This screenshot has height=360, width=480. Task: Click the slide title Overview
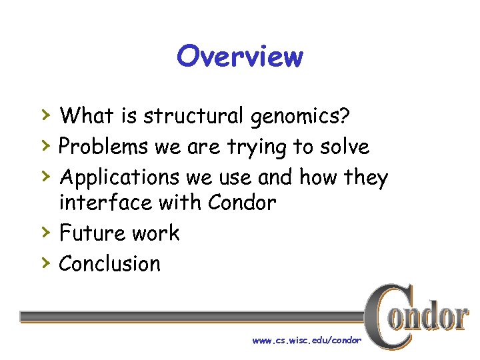[239, 57]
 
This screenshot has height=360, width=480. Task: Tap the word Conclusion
[110, 263]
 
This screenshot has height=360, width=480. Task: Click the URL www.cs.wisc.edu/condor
[307, 340]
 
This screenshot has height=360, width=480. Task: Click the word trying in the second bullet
[261, 147]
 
